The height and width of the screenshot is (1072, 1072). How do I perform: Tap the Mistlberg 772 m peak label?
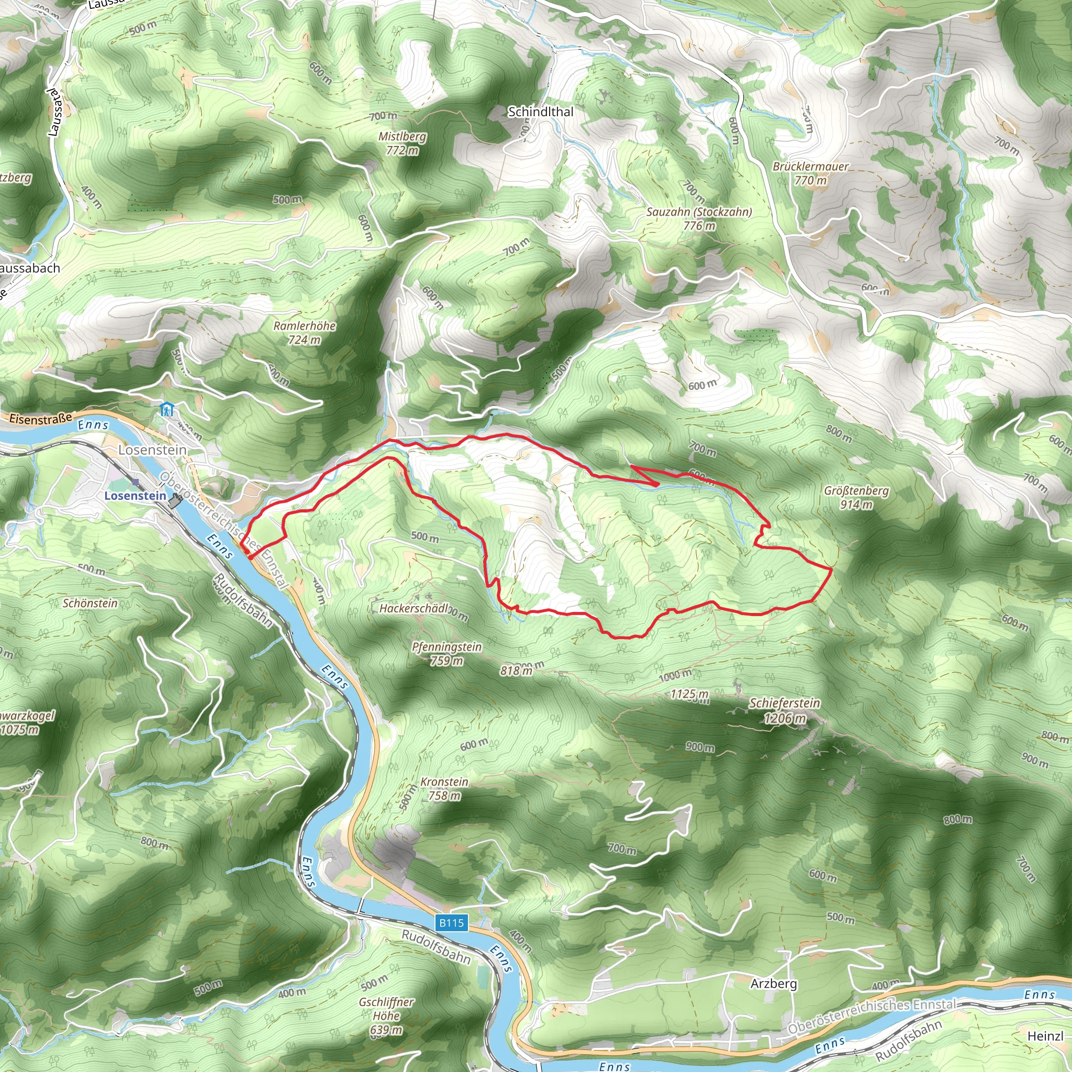(403, 143)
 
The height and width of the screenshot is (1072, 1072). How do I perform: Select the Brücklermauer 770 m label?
(810, 173)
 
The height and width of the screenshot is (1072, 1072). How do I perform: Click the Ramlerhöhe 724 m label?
(304, 332)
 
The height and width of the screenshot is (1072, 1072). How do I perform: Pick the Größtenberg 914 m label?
(856, 497)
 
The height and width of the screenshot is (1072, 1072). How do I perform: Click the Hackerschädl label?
(414, 609)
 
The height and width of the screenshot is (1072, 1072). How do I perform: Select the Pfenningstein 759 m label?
(446, 654)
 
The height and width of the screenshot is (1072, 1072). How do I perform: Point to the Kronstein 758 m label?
(444, 788)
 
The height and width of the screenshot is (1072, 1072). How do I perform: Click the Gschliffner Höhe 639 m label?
(386, 1016)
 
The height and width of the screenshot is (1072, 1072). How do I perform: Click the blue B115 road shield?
(451, 923)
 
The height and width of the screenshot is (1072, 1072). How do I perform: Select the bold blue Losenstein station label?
(135, 496)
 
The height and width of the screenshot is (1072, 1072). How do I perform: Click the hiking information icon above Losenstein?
(166, 410)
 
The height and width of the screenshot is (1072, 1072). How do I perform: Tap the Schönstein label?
(90, 603)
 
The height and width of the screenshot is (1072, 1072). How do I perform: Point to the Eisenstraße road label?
(40, 419)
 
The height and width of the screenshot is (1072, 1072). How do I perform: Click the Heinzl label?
(1045, 1035)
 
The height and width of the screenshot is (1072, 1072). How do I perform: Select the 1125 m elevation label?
(689, 694)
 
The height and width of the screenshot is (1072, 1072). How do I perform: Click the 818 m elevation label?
(516, 671)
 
